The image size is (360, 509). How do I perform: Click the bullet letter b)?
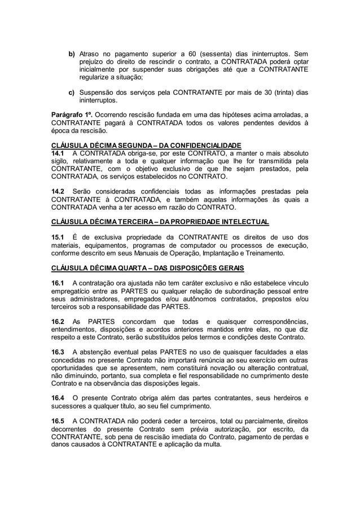[72, 54]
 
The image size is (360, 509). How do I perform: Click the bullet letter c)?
[72, 93]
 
